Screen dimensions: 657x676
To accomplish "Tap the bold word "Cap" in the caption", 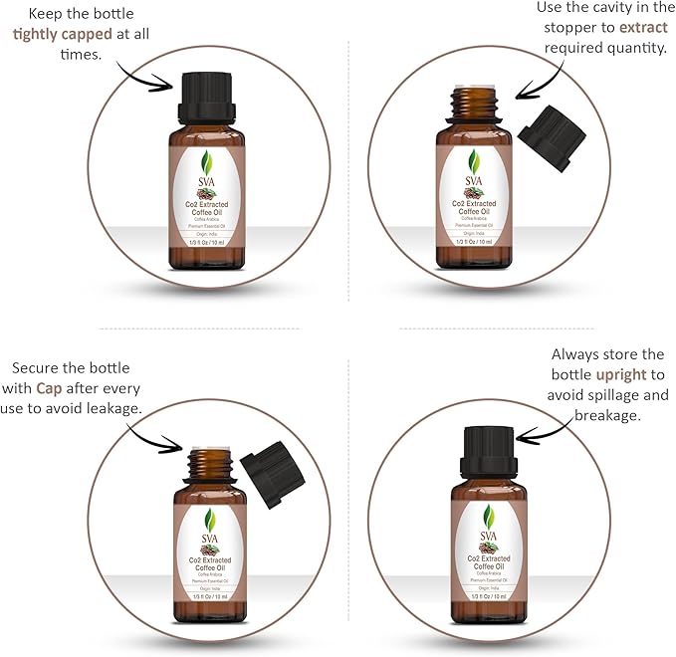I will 49,387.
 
